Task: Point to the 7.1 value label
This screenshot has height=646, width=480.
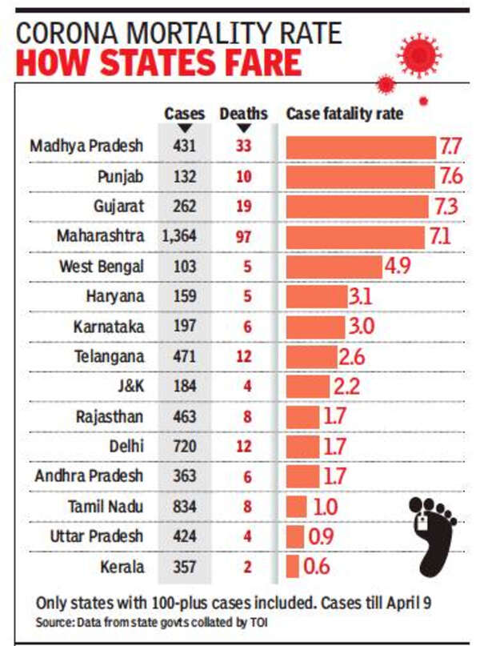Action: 442,237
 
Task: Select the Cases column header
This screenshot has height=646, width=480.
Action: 184,114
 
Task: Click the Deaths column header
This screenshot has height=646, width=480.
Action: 244,114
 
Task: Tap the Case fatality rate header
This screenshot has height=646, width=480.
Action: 345,114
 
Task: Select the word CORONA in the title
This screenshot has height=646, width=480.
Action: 71,32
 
